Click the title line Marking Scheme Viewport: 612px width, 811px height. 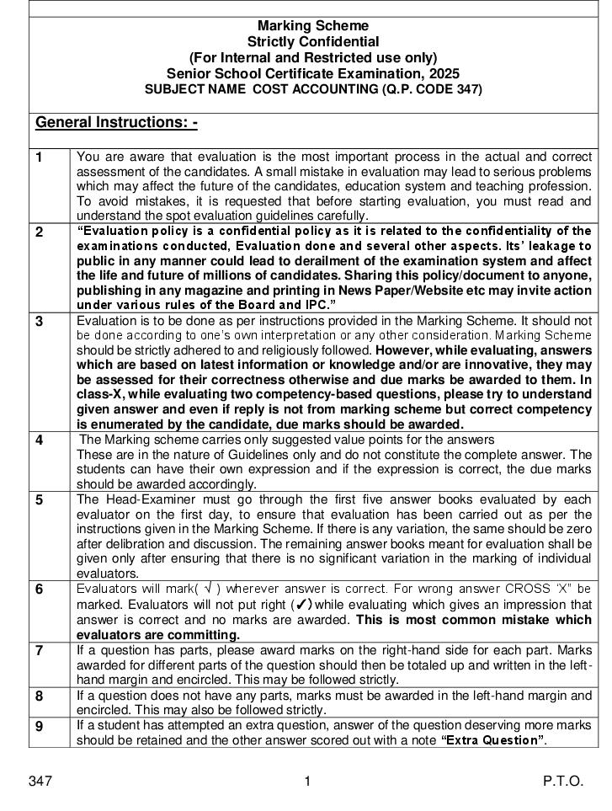coord(312,26)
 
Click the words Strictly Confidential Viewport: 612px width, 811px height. coord(312,42)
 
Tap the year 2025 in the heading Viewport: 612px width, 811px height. coord(444,73)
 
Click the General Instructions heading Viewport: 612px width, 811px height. coord(116,123)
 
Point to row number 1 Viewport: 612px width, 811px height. coord(40,157)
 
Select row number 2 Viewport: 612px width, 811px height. coord(40,232)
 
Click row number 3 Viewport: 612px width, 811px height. coord(40,322)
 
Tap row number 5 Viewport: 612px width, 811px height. coord(40,500)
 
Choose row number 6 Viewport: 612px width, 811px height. coord(40,590)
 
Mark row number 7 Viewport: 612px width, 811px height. coord(40,650)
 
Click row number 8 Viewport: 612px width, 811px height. coord(40,696)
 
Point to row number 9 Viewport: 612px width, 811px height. coord(40,726)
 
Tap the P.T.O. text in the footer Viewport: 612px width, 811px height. coord(562,782)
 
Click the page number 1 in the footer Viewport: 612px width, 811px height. coord(307,782)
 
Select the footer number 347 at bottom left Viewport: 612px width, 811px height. coord(40,782)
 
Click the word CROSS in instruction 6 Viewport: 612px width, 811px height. coord(503,588)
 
